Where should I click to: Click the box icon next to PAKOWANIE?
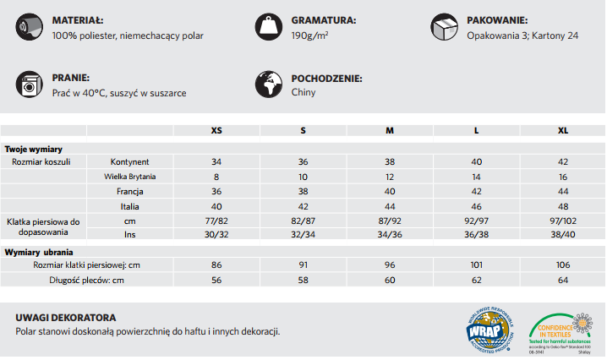point(445,26)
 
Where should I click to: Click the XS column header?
point(216,131)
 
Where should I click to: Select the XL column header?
point(563,131)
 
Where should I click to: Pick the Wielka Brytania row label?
point(130,177)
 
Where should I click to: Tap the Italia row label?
point(130,206)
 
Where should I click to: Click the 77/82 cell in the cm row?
point(216,221)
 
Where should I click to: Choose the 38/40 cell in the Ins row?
point(563,235)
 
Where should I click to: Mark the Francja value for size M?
point(390,192)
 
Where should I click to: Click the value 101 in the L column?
point(476,265)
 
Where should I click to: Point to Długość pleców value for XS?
point(216,281)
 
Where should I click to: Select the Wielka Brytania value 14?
point(476,177)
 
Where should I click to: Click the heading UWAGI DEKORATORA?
point(66,317)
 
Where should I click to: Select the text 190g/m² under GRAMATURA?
point(310,35)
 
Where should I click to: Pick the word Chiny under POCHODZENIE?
point(303,92)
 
